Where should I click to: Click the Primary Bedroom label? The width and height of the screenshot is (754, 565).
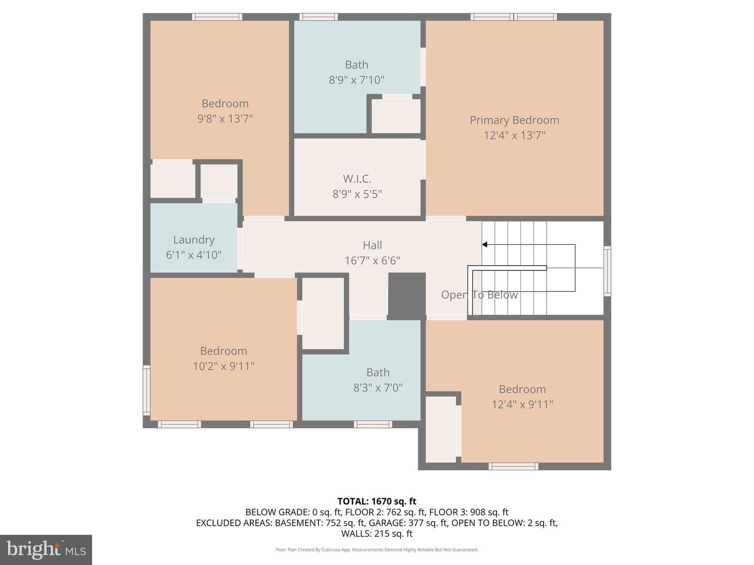pos(514,120)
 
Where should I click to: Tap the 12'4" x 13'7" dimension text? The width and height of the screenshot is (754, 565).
pos(514,135)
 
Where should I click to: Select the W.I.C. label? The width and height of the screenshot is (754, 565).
pos(357,179)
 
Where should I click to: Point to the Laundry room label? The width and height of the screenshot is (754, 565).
pos(194,240)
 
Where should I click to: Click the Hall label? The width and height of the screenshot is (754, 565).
pos(372,245)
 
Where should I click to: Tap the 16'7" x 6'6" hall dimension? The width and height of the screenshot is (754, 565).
pos(372,261)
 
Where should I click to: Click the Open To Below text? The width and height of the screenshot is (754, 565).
pos(479,295)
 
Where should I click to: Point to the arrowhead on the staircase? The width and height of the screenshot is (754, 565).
pos(485,244)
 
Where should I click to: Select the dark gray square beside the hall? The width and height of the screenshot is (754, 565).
pos(406,296)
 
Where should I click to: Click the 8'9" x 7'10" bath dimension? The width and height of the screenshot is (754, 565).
pos(357,80)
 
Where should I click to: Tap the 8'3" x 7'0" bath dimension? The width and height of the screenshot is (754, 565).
pos(378,388)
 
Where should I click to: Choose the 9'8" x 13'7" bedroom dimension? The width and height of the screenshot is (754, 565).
pos(225,119)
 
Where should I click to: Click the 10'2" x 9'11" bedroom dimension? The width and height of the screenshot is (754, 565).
pos(224,366)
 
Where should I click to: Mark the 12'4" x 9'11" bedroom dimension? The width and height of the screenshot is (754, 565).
pos(522,404)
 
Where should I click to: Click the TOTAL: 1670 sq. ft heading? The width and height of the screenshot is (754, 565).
pos(376,501)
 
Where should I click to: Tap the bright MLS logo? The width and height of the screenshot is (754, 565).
pos(46,549)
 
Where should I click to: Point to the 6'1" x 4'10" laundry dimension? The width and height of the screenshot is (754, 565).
pos(194,255)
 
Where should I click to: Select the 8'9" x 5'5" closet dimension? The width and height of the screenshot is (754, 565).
pos(357,194)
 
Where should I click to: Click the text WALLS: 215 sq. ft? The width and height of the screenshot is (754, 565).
pos(376,534)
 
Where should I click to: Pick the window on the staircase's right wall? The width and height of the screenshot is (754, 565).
pos(607,272)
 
